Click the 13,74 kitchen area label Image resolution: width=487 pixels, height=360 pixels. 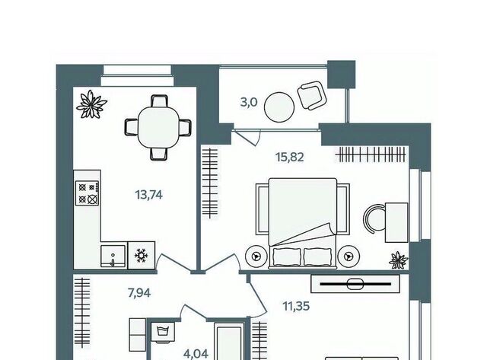[x=149, y=195]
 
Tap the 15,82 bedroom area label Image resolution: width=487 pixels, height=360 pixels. [x=290, y=158]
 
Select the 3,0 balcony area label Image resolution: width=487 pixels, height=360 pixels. [x=249, y=102]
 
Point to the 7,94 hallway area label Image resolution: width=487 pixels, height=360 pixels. [x=139, y=292]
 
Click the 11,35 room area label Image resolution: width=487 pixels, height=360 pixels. [x=296, y=306]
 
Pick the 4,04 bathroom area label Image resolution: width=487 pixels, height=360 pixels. [x=196, y=354]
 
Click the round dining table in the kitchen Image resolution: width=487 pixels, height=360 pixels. [x=158, y=127]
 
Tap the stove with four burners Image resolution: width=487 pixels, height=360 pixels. [x=88, y=193]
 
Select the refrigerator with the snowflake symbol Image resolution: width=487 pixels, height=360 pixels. [x=142, y=255]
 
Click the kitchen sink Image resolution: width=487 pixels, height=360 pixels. [x=113, y=256]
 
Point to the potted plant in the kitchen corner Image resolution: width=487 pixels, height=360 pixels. [x=91, y=104]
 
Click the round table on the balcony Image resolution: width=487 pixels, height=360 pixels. [x=279, y=107]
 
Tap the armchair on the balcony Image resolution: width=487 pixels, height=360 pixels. [x=312, y=95]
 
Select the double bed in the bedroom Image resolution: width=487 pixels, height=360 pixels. [x=303, y=223]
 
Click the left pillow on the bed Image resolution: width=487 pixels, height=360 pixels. [x=287, y=257]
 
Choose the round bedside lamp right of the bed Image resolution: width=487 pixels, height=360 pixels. [x=349, y=256]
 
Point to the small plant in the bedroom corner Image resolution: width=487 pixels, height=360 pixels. [x=399, y=260]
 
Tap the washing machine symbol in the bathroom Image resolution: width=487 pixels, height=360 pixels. [x=163, y=332]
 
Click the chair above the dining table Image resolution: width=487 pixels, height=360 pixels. [x=160, y=101]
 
